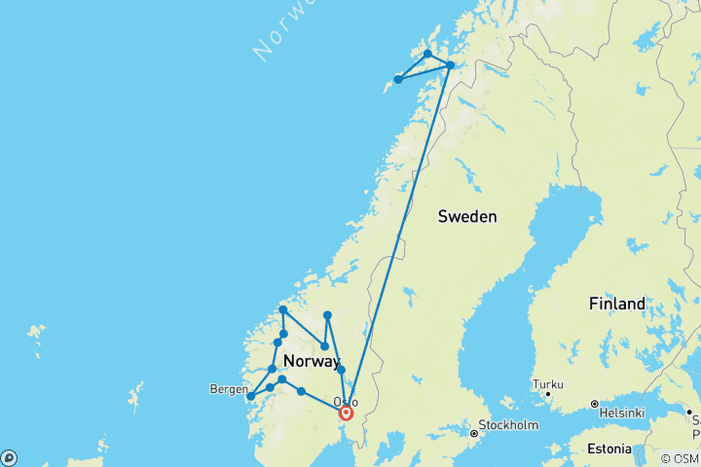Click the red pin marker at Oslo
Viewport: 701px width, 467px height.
point(345,413)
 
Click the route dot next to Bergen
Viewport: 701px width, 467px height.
point(251,396)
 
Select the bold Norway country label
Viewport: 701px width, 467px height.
point(311,362)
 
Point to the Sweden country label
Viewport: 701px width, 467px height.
point(467,216)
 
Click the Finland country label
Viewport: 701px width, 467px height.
point(616,304)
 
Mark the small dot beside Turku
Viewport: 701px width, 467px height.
point(547,393)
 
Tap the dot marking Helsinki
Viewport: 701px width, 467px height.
point(594,403)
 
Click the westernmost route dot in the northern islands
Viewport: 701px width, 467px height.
point(398,80)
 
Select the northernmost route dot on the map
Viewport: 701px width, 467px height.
point(427,54)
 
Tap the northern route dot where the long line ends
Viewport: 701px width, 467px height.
point(450,65)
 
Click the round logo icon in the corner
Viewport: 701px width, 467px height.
point(9,457)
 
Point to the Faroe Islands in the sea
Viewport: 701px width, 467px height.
point(36,333)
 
